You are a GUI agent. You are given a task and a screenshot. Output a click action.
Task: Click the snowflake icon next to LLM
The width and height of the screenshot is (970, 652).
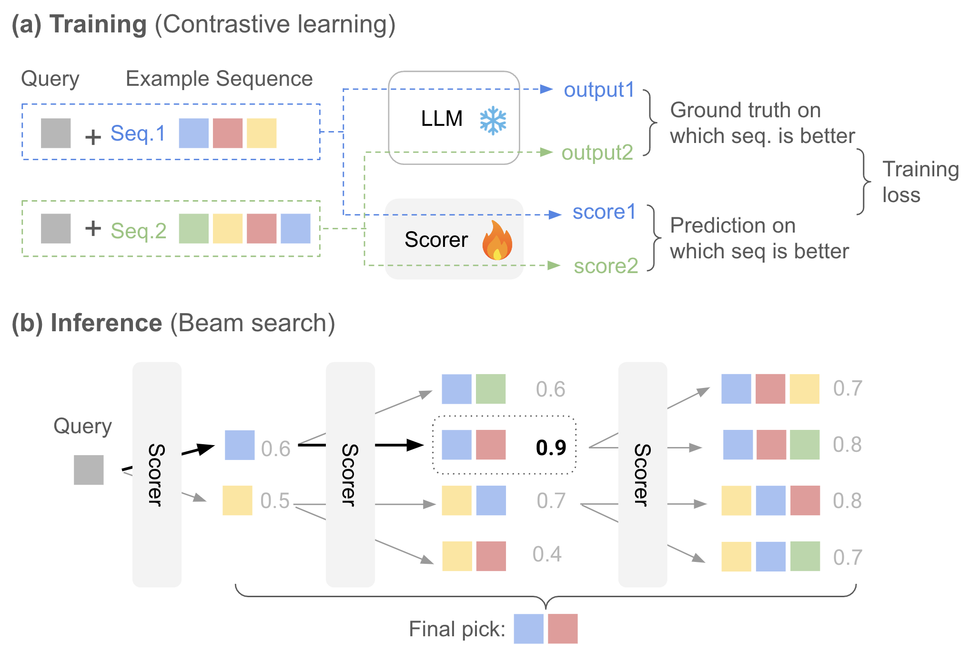click(x=493, y=121)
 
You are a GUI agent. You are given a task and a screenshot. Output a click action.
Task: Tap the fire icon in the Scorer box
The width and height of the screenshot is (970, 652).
click(x=497, y=241)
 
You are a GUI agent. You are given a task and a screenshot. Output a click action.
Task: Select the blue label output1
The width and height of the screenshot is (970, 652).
click(x=599, y=90)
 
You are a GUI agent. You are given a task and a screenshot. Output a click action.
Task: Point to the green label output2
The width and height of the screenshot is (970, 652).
click(x=597, y=153)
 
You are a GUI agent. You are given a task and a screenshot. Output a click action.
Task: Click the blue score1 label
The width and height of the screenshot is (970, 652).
click(x=604, y=212)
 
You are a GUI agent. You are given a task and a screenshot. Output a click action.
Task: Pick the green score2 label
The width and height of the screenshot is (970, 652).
click(x=606, y=266)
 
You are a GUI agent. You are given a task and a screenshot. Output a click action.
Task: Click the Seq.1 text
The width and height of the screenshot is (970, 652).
click(x=138, y=133)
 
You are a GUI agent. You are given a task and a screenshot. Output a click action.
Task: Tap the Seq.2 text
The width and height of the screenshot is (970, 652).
click(x=139, y=231)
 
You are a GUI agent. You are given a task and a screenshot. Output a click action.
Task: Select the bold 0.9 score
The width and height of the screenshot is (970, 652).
click(x=551, y=448)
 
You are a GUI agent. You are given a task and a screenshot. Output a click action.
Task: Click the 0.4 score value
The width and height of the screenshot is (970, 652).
click(x=547, y=554)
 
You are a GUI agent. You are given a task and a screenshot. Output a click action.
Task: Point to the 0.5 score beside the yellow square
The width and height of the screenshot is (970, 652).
click(x=275, y=501)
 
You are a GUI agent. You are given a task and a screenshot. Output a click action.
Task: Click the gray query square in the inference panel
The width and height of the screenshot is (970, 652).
click(x=89, y=470)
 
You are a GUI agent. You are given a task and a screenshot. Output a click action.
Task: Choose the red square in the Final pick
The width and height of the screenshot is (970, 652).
click(x=563, y=629)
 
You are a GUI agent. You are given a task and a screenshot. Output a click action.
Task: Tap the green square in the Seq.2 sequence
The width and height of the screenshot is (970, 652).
click(x=193, y=229)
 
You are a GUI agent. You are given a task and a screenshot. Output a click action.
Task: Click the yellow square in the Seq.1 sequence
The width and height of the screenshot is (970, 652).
click(x=262, y=133)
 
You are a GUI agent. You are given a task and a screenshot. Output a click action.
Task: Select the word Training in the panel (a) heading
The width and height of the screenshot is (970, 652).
click(x=98, y=25)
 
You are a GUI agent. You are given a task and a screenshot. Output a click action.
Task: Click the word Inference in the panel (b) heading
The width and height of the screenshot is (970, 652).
click(x=106, y=323)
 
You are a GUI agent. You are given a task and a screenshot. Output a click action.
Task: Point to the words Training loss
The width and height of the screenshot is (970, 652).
click(x=919, y=182)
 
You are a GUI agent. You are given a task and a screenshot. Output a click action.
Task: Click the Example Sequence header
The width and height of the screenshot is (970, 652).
click(x=219, y=79)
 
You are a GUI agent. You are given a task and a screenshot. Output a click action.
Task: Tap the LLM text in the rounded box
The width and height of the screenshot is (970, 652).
click(x=442, y=119)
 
